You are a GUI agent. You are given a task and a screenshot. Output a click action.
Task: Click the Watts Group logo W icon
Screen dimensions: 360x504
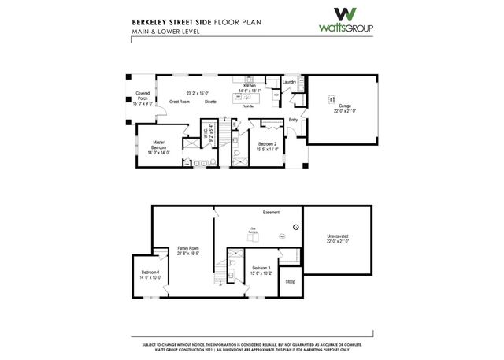click(346, 15)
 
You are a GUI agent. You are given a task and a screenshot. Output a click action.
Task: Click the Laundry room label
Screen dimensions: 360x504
click(289, 82)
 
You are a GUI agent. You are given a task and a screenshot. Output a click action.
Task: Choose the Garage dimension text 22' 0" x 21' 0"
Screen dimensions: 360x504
click(344, 111)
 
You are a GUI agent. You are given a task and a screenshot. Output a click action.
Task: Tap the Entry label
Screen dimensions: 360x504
click(293, 120)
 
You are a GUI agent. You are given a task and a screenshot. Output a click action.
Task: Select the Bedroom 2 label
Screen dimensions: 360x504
click(267, 143)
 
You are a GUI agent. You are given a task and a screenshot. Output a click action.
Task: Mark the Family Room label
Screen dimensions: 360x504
click(188, 247)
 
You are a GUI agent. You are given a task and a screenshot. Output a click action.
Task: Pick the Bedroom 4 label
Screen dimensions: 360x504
click(150, 273)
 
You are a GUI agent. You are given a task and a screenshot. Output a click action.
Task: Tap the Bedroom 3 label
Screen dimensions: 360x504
click(261, 268)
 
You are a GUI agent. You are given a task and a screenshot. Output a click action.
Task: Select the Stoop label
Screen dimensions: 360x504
click(290, 281)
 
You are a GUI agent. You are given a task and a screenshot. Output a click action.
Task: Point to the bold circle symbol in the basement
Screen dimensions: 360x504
click(295, 228)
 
